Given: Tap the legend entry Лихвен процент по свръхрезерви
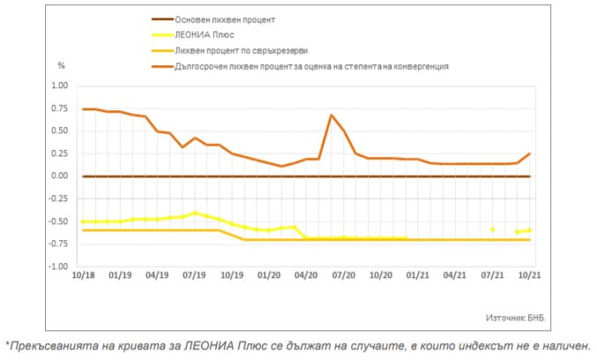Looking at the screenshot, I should click(243, 51).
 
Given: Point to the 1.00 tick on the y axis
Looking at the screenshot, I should click(59, 86).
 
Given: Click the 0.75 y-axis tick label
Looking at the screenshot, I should click(59, 109).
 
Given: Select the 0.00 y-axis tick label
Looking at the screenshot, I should click(59, 176).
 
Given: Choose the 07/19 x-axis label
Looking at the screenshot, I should click(194, 276).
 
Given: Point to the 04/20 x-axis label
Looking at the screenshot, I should click(305, 276).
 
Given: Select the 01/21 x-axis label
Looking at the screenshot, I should click(417, 276).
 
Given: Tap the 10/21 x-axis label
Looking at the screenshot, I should click(528, 276).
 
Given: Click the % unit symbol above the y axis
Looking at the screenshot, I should click(61, 66).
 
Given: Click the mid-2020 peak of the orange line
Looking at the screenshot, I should click(331, 115).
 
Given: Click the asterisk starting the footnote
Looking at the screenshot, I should click(7, 345).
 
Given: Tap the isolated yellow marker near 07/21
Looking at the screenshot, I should click(492, 229).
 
